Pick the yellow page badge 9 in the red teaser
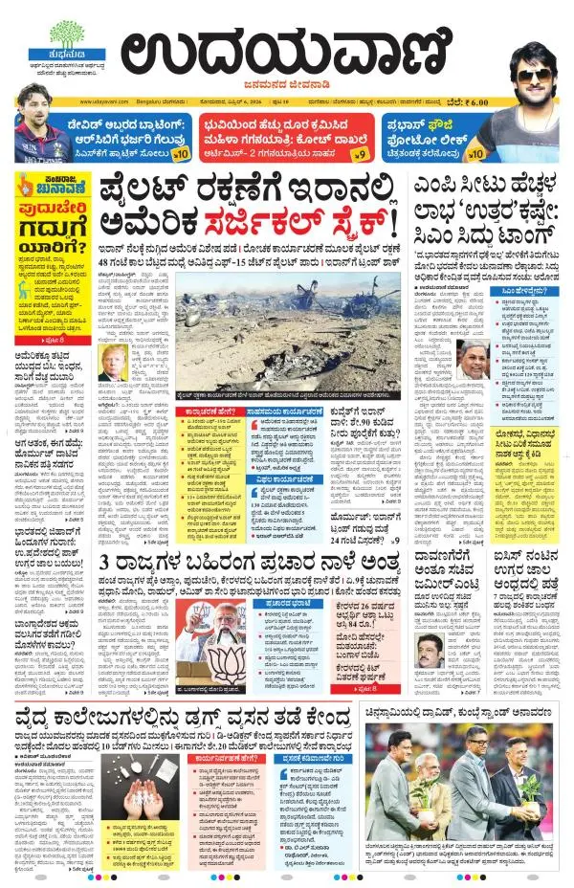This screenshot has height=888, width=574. [360, 152]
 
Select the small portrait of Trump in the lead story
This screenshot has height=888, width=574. [112, 363]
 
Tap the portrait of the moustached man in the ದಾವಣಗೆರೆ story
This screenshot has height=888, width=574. [428, 652]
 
